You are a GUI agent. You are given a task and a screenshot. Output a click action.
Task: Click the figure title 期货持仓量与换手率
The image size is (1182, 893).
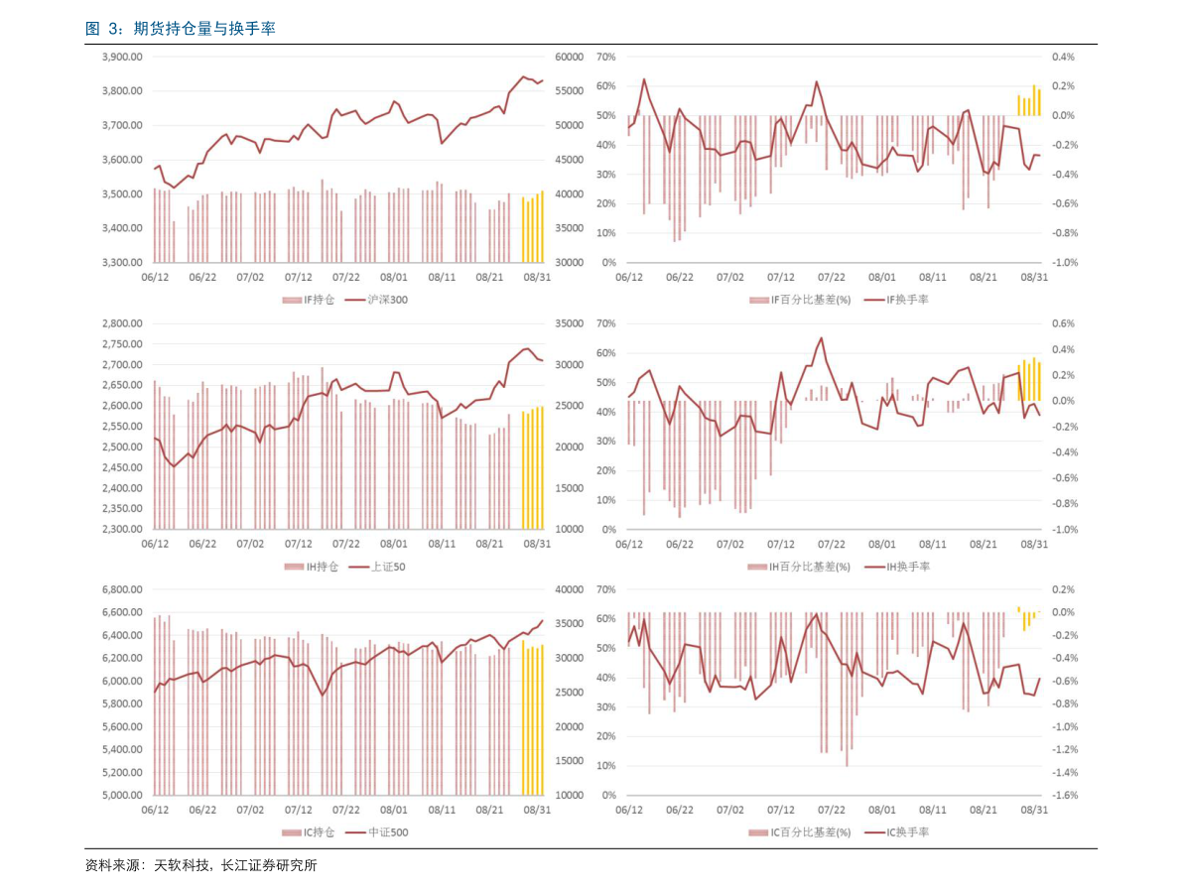click(180, 29)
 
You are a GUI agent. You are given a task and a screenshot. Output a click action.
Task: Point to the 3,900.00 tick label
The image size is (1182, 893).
click(122, 58)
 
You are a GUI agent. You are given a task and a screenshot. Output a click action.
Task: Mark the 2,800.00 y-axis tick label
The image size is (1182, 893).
click(122, 323)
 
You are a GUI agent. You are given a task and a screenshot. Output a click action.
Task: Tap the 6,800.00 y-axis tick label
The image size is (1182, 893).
click(122, 590)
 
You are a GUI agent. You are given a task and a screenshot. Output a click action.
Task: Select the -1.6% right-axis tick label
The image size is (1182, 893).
click(1064, 796)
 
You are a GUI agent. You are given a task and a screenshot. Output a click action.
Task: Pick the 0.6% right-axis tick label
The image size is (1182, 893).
click(1064, 323)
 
